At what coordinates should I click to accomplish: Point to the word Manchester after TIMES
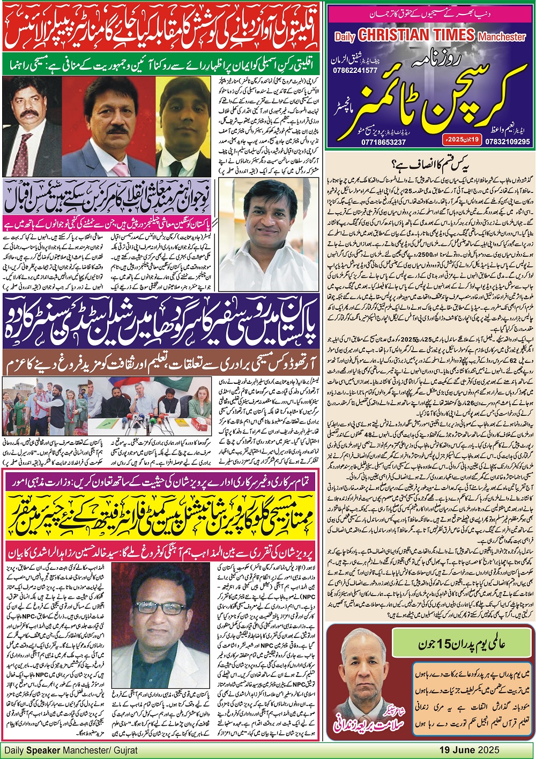(502, 37)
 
